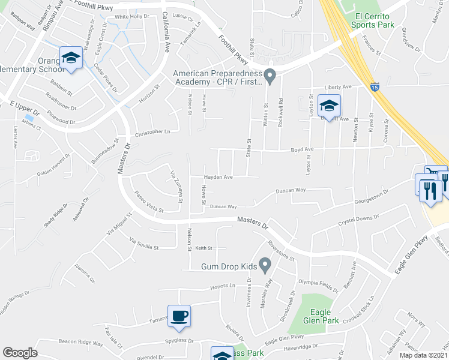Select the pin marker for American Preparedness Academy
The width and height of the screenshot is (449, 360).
[x=270, y=76]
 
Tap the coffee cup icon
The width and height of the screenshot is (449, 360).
[x=179, y=314]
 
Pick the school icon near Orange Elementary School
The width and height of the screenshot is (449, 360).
[x=71, y=58]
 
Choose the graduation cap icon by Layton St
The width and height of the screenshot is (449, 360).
[x=329, y=106]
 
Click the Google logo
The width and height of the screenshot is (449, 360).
[x=20, y=353]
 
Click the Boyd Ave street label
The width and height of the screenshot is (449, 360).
[x=303, y=149]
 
